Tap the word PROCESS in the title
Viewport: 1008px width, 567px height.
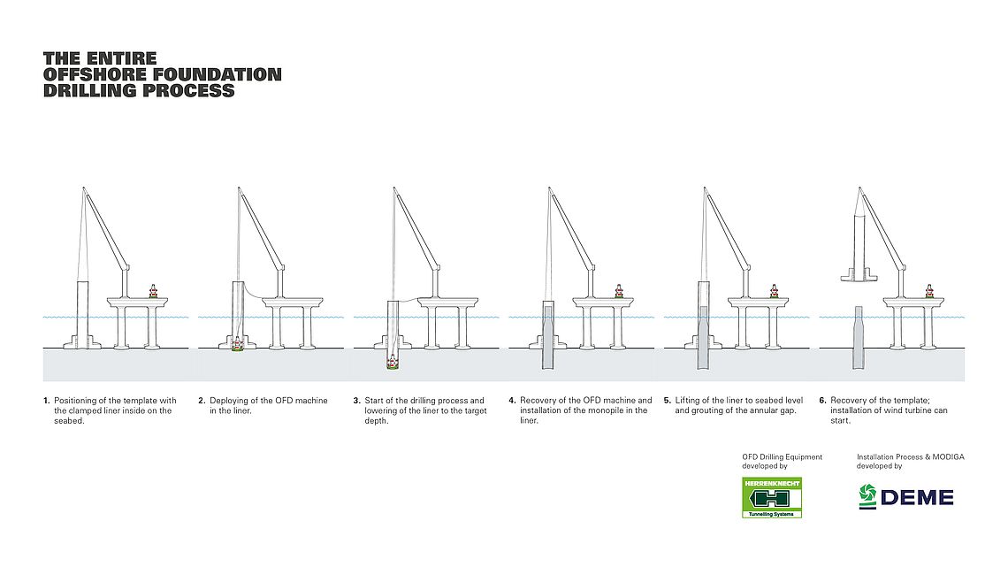[188, 90]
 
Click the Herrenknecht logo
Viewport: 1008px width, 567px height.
[771, 498]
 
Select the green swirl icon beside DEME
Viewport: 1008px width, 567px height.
[868, 496]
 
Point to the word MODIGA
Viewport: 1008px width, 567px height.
[948, 457]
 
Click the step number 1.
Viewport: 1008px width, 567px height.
[46, 401]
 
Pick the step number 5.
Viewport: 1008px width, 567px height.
[668, 401]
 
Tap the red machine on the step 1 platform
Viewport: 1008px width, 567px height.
[153, 291]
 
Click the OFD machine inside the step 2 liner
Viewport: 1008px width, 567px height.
[237, 344]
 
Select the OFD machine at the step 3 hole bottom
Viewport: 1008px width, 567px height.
[392, 363]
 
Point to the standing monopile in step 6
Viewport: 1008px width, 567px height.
[859, 338]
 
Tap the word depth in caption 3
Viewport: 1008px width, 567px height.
[376, 420]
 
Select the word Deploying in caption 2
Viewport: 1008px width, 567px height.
[229, 401]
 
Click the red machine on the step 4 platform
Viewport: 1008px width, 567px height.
[618, 291]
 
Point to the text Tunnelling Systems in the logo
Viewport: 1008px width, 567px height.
[771, 514]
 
